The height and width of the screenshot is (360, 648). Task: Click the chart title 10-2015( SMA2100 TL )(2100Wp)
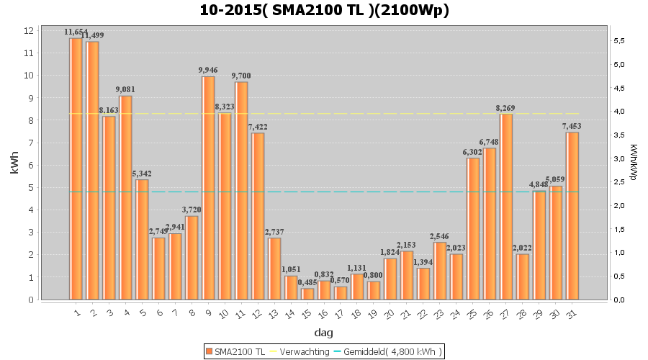[x=324, y=11]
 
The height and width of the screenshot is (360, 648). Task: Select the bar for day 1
[x=76, y=169]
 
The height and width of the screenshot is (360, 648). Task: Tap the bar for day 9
[x=208, y=188]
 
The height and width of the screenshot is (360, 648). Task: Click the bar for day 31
[x=572, y=216]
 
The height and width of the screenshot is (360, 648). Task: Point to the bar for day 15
[x=307, y=294]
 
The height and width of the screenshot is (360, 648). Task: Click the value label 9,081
[x=126, y=89]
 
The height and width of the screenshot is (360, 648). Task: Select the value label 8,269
[x=506, y=108]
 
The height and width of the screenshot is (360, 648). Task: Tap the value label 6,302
[x=472, y=152]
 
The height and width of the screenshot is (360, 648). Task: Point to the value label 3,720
[x=192, y=210]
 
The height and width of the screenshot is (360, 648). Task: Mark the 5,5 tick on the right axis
[x=618, y=40]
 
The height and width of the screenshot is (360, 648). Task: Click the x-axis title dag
[x=324, y=333]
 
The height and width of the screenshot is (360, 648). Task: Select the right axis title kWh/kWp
[x=633, y=162]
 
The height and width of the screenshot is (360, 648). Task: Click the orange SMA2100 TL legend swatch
[x=209, y=351]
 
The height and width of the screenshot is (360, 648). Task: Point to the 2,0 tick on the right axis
[x=618, y=205]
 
